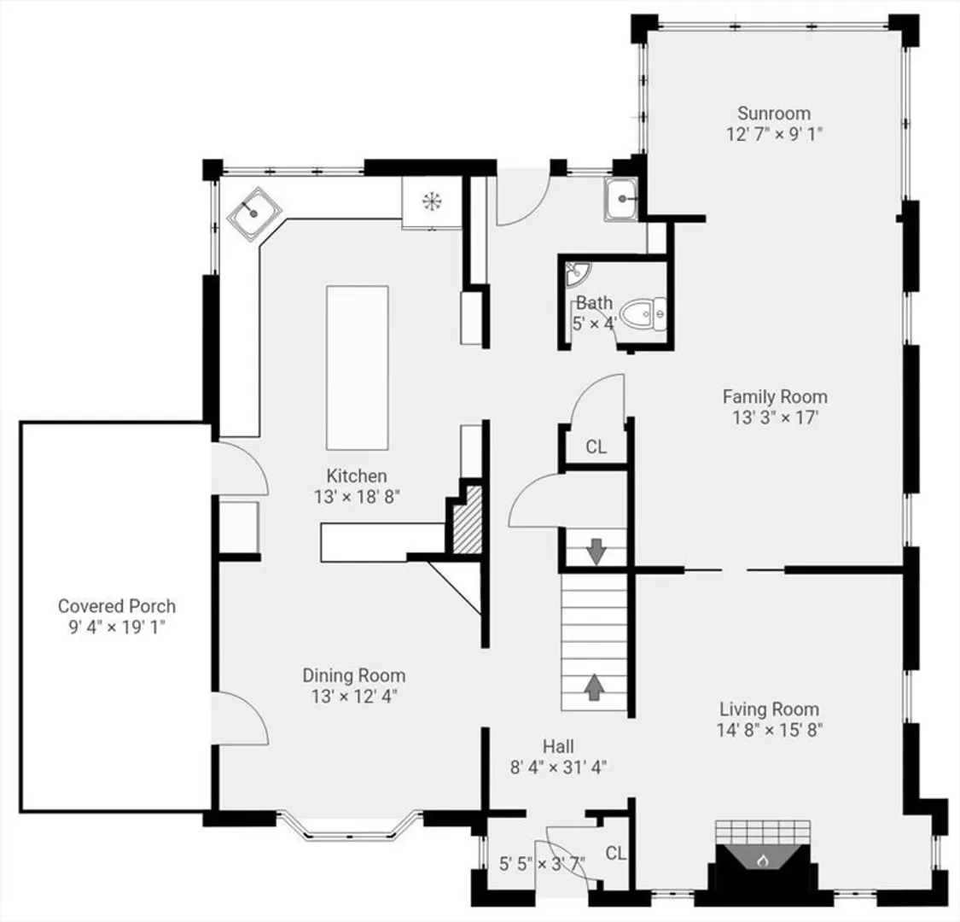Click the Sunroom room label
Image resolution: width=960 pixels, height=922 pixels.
point(774,114)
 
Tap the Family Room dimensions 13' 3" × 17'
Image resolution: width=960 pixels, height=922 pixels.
point(775,417)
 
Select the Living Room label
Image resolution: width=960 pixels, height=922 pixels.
point(769,709)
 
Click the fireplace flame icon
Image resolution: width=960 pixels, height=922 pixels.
point(762,861)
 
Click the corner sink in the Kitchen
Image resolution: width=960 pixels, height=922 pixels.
point(254,213)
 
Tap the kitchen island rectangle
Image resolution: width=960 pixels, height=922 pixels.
point(358,368)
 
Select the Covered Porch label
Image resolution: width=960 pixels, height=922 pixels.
point(117,606)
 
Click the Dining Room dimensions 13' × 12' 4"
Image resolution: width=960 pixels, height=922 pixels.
point(354,697)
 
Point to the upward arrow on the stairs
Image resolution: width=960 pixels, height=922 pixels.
point(595,686)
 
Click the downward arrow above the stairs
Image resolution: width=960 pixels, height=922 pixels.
point(596,551)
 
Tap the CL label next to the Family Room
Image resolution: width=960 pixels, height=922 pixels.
point(596,446)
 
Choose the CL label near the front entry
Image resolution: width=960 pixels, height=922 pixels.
point(616,853)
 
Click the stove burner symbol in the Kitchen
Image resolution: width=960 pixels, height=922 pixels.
point(433,201)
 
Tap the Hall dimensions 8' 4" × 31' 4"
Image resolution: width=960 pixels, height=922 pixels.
point(558,767)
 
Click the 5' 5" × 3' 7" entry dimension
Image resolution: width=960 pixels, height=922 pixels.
point(543,864)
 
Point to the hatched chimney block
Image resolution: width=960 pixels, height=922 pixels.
point(468,520)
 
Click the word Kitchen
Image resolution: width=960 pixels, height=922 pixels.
point(357,476)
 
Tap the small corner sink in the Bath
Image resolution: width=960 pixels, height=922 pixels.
point(574,273)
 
